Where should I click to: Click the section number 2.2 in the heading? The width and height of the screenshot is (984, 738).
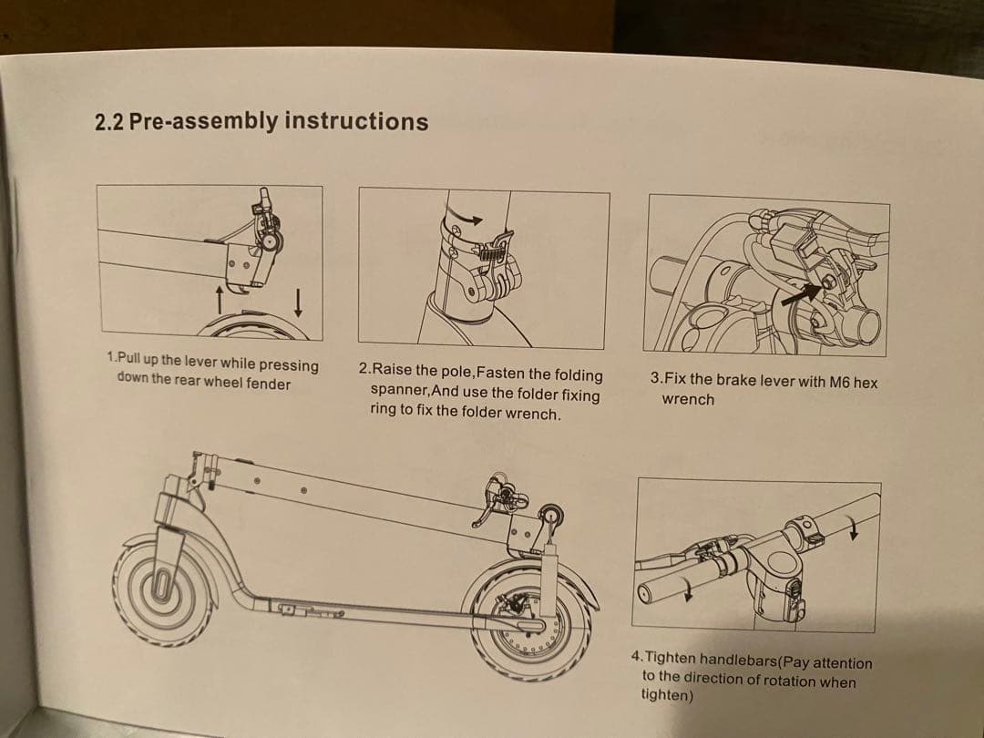point(109,122)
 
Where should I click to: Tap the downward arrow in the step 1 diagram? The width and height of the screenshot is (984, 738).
point(298,299)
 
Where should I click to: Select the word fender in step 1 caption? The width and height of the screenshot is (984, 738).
point(269,384)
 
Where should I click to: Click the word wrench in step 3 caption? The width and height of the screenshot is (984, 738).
point(688,400)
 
